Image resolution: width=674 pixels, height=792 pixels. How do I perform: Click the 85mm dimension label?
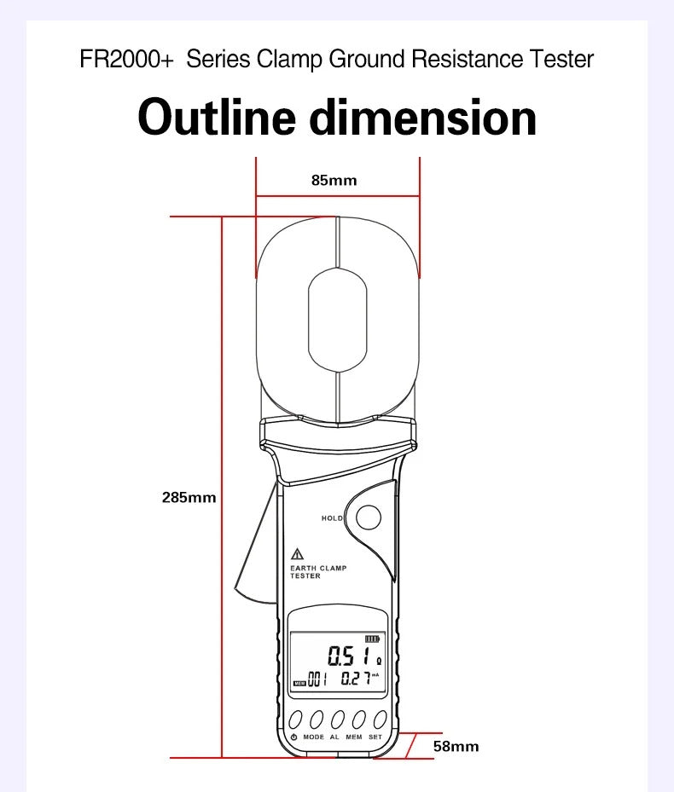[334, 181]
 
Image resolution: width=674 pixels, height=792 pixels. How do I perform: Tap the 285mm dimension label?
[189, 498]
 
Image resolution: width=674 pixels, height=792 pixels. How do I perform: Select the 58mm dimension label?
[456, 746]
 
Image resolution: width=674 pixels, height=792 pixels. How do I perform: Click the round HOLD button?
[369, 517]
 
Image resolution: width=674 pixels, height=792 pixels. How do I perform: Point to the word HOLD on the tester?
[332, 518]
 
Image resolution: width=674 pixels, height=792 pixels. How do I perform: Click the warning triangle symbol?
[297, 554]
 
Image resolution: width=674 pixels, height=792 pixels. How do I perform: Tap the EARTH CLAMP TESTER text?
[318, 572]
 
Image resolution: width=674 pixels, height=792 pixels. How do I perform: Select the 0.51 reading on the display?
[348, 656]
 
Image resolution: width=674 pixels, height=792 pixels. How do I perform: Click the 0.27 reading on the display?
[357, 678]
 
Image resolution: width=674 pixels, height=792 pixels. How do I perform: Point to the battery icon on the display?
[372, 639]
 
